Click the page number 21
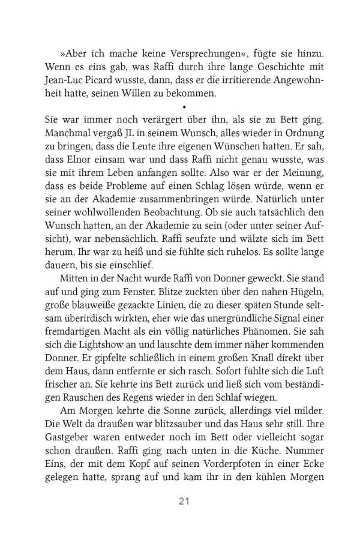point(180,500)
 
